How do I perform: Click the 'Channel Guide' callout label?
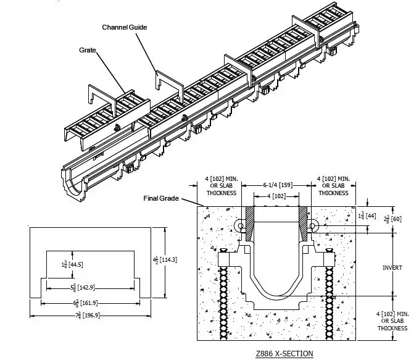125,28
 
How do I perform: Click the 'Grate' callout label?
88,49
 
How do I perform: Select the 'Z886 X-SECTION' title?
284,354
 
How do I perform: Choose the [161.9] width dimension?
89,303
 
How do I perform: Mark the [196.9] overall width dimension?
91,316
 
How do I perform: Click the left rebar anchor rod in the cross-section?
226,296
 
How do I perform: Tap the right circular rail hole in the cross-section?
313,227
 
